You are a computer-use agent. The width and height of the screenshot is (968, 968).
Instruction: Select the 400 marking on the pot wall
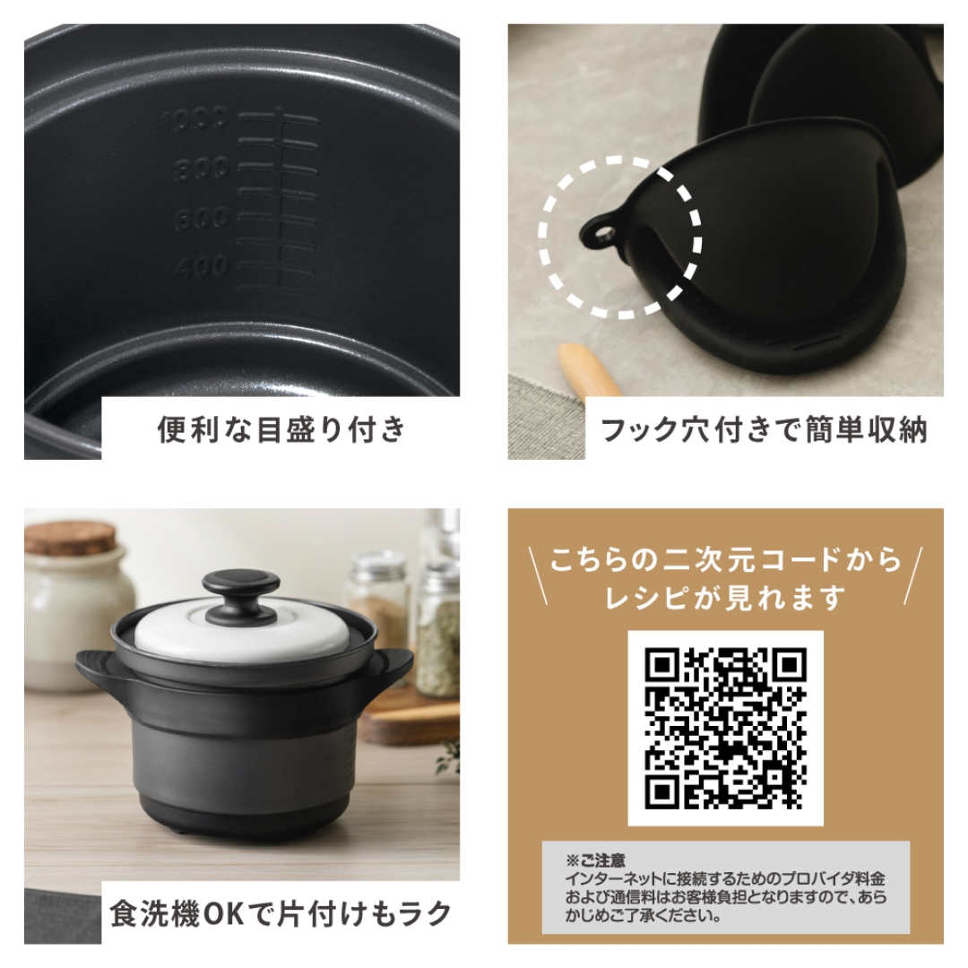pyautogui.click(x=202, y=266)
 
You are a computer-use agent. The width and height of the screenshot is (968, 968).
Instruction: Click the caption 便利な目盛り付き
pyautogui.click(x=281, y=430)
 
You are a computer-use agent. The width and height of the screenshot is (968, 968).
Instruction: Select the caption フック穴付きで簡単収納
pyautogui.click(x=764, y=430)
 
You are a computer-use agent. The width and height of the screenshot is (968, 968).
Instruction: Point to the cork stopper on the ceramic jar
pyautogui.click(x=70, y=537)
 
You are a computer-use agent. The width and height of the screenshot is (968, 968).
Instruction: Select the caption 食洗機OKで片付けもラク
pyautogui.click(x=281, y=915)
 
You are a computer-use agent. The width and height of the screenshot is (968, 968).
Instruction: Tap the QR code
pyautogui.click(x=725, y=727)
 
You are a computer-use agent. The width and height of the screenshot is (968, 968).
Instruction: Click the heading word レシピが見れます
pyautogui.click(x=725, y=598)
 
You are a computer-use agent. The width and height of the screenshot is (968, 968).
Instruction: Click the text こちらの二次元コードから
pyautogui.click(x=725, y=561)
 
